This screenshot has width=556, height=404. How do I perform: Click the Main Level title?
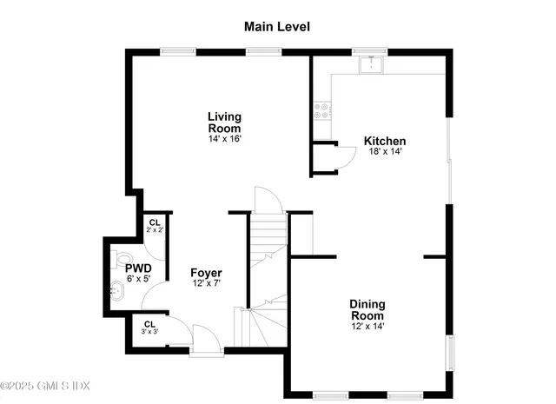pos(276,26)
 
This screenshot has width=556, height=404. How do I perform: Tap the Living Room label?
pos(224,122)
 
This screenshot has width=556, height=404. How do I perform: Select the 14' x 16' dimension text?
pos(224,139)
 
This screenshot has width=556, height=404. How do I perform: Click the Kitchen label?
pos(385,141)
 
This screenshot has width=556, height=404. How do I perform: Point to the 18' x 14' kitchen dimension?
pos(385,152)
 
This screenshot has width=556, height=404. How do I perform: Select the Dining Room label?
pos(367,310)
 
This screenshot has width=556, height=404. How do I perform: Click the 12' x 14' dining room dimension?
pos(367,328)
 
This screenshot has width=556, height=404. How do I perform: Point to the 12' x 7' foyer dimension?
pos(207,284)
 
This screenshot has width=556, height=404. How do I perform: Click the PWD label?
pos(138,268)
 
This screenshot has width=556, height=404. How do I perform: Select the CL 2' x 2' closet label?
pos(155,227)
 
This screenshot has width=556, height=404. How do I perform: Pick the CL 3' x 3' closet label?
pos(149,328)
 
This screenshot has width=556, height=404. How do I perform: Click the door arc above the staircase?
pos(268,199)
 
